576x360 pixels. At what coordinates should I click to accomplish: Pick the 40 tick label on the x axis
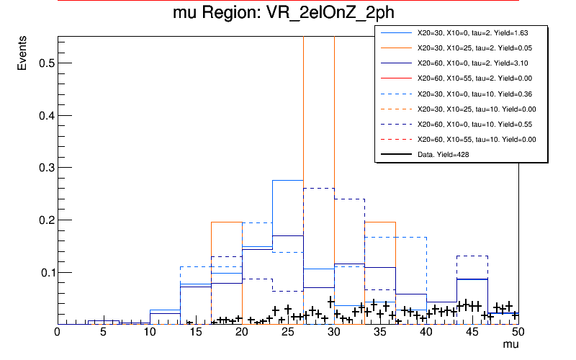coord(426,332)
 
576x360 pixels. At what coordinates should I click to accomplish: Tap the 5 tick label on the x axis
coord(104,332)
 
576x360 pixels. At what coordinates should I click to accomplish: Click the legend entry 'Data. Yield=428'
coord(446,154)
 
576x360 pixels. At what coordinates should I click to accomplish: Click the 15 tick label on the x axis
coord(150,332)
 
